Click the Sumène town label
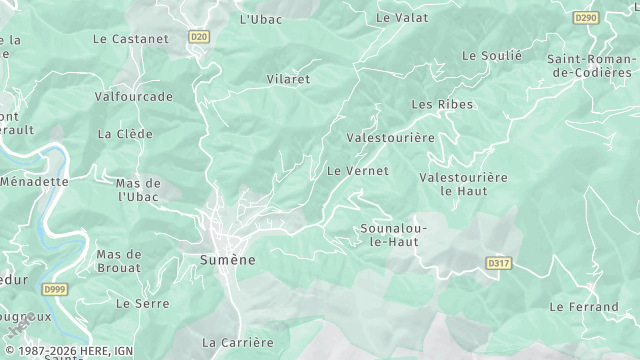(221, 260)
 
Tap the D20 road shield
(199, 37)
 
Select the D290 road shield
(586, 18)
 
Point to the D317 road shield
(499, 263)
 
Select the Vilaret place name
(288, 79)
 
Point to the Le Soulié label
(492, 56)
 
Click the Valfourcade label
(133, 97)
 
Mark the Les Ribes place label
(442, 104)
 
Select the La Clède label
(125, 134)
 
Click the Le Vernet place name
(358, 171)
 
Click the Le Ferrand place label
(584, 306)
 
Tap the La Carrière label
(237, 342)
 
